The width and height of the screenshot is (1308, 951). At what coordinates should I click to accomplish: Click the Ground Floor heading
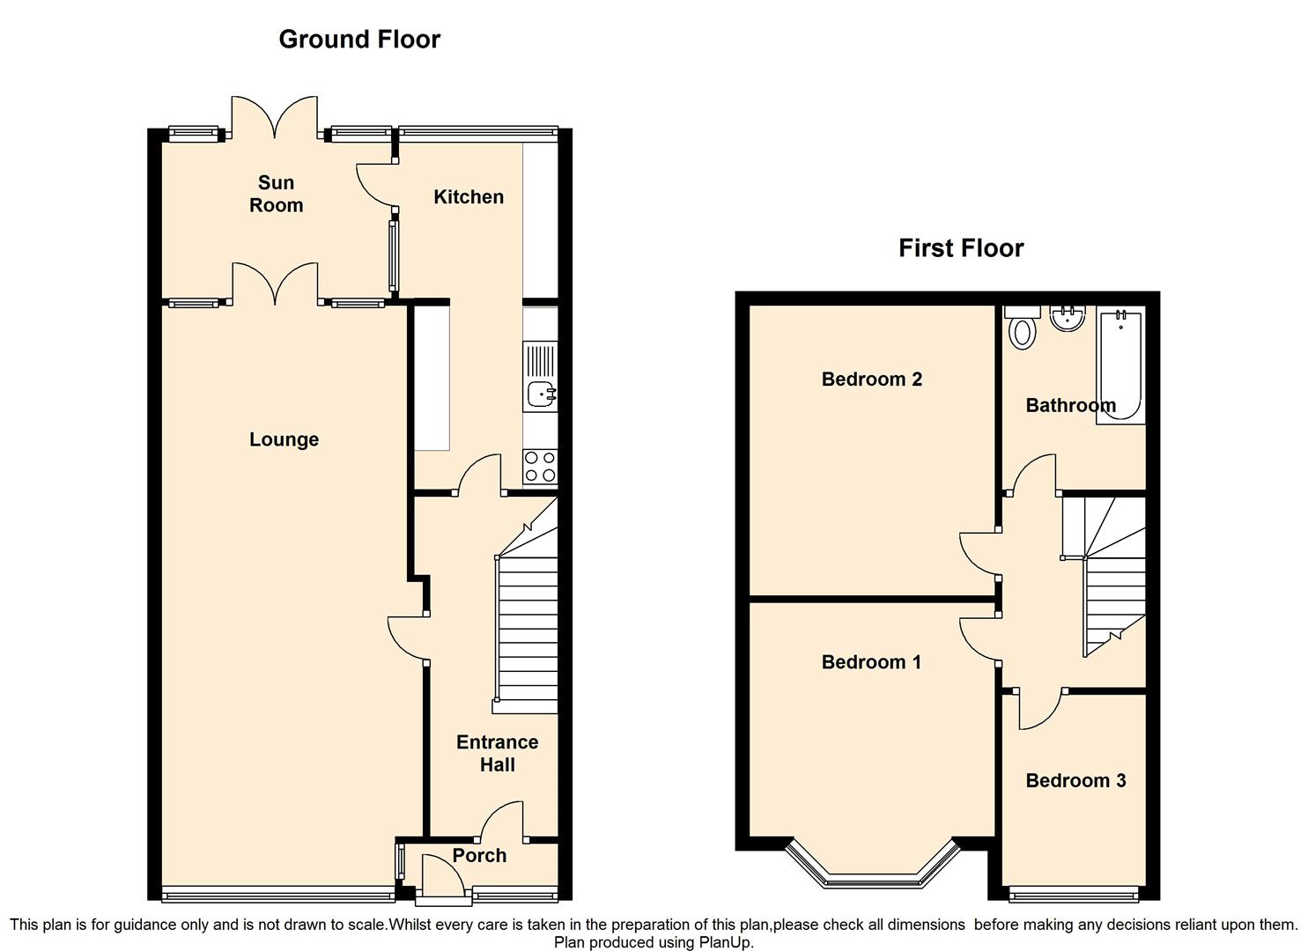coord(359,39)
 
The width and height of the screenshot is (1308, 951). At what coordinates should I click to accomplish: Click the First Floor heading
coord(961,248)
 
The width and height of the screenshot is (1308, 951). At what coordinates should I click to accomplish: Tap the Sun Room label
coord(276,194)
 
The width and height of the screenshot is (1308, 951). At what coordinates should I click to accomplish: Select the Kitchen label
coord(469,197)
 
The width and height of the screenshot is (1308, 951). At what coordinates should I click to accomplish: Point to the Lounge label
coord(284,439)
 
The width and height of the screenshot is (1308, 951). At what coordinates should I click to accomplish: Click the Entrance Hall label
coord(497,754)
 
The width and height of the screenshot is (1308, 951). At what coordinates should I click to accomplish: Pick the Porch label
coord(479,855)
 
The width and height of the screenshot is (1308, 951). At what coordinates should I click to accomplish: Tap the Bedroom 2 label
coord(871,380)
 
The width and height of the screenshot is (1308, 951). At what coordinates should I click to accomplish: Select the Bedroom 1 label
coord(871,662)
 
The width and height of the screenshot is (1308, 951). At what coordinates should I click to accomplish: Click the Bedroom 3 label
coord(1075,780)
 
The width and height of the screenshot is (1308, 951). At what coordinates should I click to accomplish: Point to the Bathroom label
coord(1070,406)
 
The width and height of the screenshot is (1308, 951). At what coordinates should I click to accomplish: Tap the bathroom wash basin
coord(1068,318)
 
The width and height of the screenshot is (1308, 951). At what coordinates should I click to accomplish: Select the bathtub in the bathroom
coord(1120,365)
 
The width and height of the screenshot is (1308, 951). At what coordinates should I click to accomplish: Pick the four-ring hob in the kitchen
coord(540,467)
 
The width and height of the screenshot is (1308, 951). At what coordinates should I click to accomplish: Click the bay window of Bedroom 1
coord(870,872)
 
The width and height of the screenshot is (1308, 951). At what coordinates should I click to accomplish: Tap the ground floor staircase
coord(527,616)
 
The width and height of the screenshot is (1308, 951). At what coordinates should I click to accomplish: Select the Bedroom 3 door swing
coord(1039,710)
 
